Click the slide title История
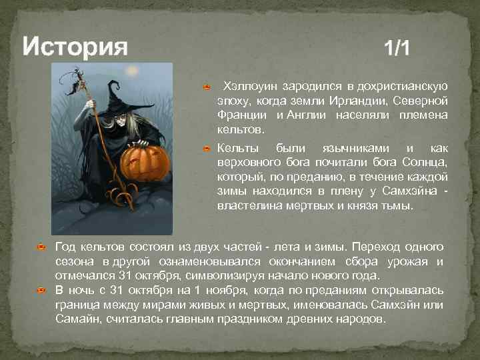pyautogui.click(x=75, y=47)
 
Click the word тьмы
pyautogui.click(x=398, y=206)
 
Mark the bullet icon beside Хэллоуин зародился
pyautogui.click(x=207, y=87)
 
